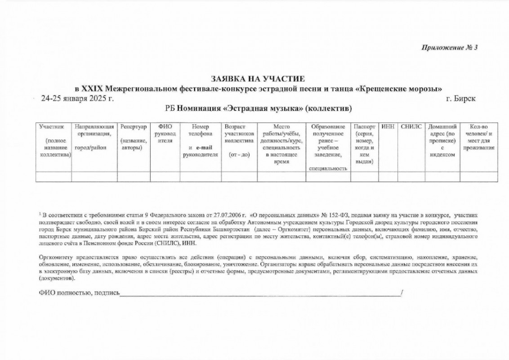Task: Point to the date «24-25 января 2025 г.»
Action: tap(77, 98)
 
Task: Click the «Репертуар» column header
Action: tap(134, 127)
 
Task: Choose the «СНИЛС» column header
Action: tap(410, 127)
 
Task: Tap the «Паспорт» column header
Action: tap(364, 127)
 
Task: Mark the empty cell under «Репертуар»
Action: tap(134, 176)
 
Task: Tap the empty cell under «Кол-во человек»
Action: tap(478, 176)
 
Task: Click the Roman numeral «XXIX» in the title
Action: tap(91, 88)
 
